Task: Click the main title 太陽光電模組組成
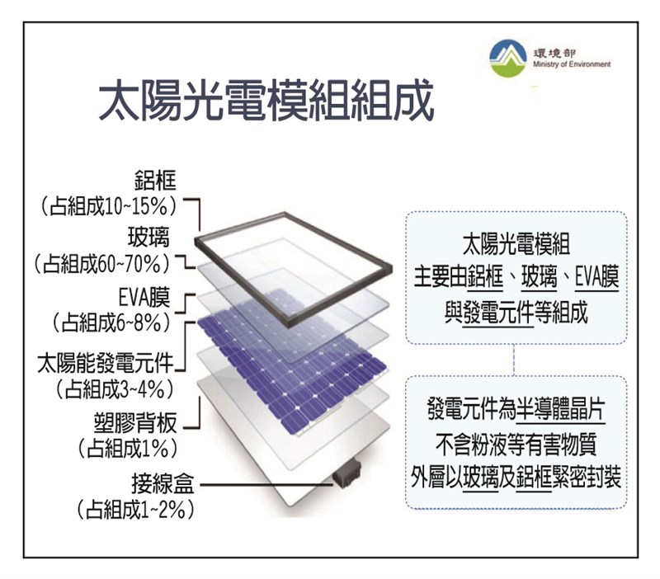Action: click(266, 100)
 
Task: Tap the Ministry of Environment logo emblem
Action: click(508, 59)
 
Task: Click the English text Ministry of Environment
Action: click(572, 64)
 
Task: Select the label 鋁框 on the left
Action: click(155, 180)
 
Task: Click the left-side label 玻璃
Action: click(148, 238)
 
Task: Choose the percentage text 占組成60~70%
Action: click(102, 264)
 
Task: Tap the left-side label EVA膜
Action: click(144, 298)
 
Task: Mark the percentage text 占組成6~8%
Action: click(111, 323)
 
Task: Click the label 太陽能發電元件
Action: click(106, 363)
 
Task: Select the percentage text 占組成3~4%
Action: click(115, 389)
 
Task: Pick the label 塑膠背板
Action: click(135, 423)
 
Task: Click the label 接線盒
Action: click(163, 483)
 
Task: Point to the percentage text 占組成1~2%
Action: click(135, 510)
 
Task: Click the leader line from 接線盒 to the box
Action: click(266, 485)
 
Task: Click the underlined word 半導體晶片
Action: click(561, 409)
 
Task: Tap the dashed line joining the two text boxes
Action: click(514, 360)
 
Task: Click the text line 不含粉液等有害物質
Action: click(516, 445)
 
